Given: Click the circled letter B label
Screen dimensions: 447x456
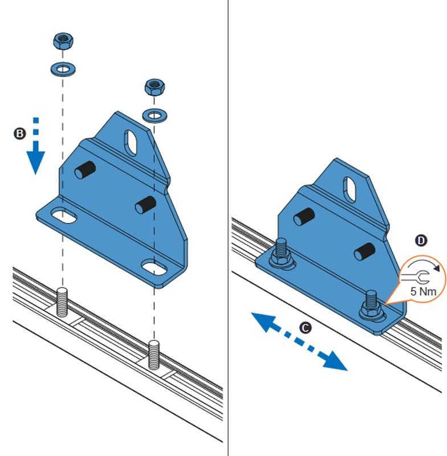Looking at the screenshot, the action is (x=20, y=133).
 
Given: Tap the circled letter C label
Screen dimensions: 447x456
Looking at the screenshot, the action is (x=305, y=328).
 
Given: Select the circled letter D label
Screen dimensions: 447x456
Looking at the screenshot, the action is (x=421, y=241).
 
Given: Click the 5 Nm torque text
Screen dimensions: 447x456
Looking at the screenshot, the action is (x=423, y=291).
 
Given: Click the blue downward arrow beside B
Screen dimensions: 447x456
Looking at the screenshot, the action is (x=36, y=146).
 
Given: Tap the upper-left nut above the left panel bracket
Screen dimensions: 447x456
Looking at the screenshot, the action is (x=63, y=41).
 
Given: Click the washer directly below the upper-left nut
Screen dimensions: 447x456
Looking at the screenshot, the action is (x=63, y=69).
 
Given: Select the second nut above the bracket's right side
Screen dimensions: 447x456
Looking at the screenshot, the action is (x=155, y=87).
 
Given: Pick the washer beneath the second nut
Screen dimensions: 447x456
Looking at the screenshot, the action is (x=155, y=116).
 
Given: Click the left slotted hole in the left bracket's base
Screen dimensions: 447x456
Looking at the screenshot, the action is (x=64, y=215).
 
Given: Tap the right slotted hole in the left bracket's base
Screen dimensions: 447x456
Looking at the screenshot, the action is (x=154, y=267).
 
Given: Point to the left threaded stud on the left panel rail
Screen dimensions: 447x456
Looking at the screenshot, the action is (x=62, y=302).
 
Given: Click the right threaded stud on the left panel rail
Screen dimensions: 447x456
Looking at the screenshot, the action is (x=154, y=355).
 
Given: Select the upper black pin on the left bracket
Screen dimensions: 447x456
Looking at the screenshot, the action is (x=85, y=170).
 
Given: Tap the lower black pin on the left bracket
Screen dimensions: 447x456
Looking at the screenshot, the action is (x=145, y=205).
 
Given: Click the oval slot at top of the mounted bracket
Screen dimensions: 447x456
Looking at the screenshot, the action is (x=350, y=190).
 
